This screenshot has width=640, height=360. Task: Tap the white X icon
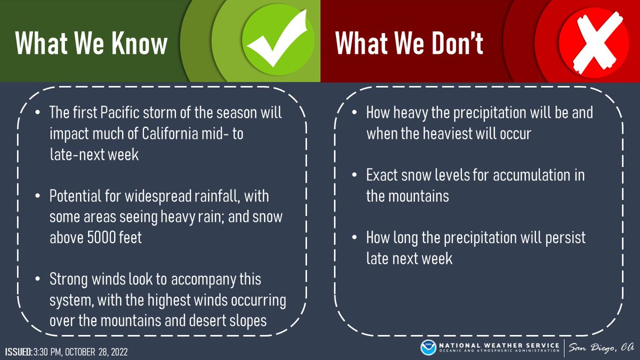[594, 43]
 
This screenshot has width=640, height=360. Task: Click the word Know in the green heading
[139, 43]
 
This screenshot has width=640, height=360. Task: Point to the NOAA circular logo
[428, 347]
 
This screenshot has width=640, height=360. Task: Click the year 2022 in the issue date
[119, 351]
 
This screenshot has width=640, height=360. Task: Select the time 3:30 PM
[47, 351]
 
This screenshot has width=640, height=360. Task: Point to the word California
[170, 133]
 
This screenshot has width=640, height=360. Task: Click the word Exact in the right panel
[382, 175]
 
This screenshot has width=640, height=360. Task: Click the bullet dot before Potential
[37, 196]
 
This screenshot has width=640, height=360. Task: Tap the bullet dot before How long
[354, 237]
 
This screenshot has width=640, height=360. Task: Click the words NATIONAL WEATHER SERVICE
[499, 346]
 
